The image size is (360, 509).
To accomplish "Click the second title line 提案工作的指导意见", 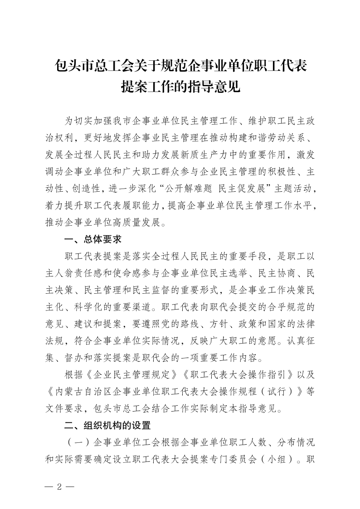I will (x=180, y=86).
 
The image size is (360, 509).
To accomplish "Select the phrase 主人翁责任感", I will (x=84, y=273).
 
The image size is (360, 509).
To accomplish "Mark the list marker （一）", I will (x=78, y=441).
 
